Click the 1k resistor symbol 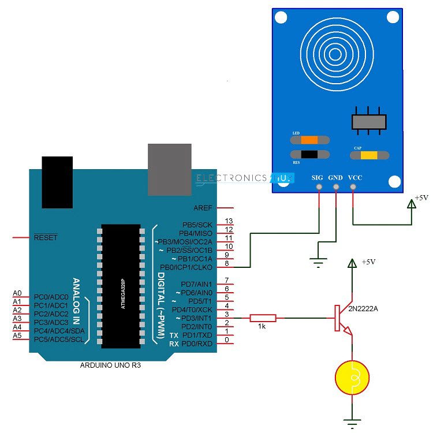[263, 318]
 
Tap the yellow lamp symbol [352, 378]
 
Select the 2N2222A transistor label [363, 309]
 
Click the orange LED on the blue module [309, 140]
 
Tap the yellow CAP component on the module [369, 154]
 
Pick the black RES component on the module [309, 154]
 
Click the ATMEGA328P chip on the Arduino [121, 286]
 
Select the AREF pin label [204, 208]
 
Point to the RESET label [46, 237]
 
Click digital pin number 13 [229, 221]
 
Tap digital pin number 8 [227, 263]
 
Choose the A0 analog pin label [17, 293]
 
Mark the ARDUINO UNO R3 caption [110, 365]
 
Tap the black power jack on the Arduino [58, 182]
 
